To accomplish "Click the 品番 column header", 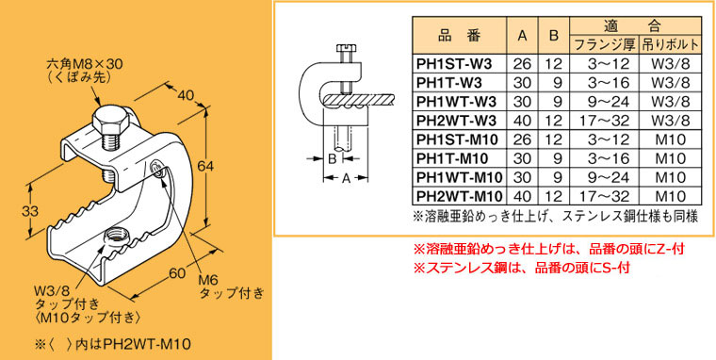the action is [x=458, y=36].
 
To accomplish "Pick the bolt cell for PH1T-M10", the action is [x=667, y=159].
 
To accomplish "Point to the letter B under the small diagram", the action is [x=331, y=160].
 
